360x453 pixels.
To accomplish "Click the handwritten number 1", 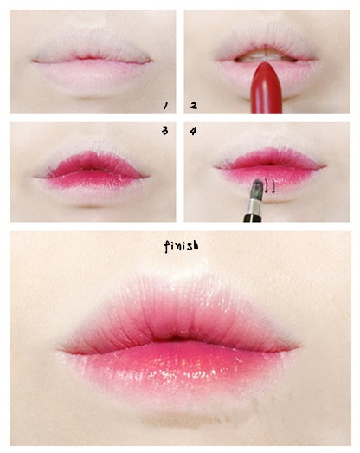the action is [x=165, y=106].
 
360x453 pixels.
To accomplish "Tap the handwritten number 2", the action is [x=194, y=106].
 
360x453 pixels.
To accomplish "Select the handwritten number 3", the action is [x=164, y=131].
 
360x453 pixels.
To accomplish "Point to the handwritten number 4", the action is [x=193, y=132].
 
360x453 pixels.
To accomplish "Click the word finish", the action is [x=182, y=247].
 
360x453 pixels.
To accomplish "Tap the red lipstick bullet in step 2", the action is [x=267, y=87].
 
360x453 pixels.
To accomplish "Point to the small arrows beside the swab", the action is [x=270, y=186].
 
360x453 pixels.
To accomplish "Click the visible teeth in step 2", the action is [x=264, y=57].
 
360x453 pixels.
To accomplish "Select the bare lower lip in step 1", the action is [x=92, y=76].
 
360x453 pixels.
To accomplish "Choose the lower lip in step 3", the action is [x=93, y=184].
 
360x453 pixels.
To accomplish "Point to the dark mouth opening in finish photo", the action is [x=175, y=339].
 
